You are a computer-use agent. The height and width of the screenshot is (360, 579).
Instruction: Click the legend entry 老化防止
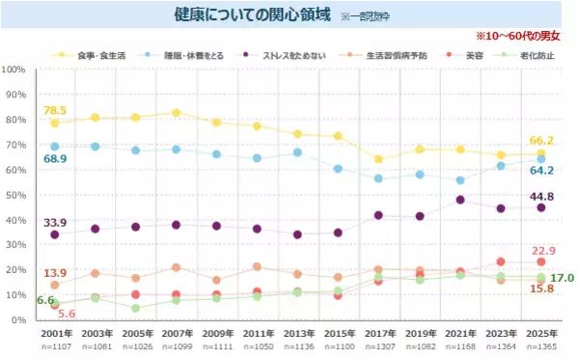537,55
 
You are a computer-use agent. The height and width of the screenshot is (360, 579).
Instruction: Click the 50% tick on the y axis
15,195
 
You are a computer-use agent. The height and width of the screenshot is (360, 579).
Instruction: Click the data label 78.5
54,110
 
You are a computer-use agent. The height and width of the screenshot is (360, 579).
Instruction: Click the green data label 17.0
563,278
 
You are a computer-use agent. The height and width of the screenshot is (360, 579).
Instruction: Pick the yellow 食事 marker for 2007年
176,113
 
